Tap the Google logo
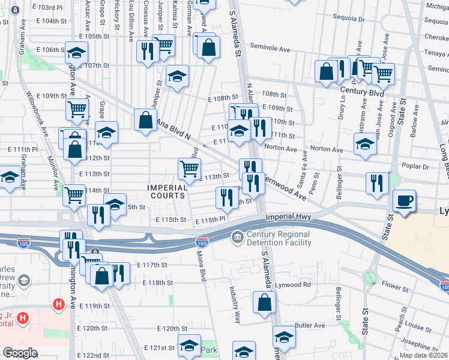(20, 353)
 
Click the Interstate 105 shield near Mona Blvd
(202, 242)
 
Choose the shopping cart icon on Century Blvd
(382, 74)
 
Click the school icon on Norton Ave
(365, 143)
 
